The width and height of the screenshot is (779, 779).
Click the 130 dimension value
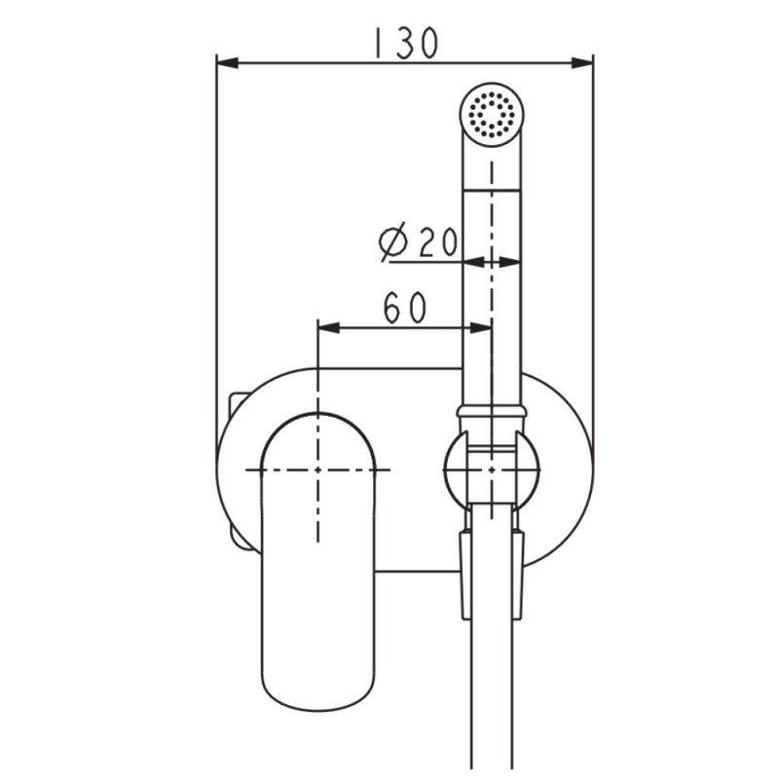coord(405,43)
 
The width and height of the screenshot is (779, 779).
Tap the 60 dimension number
coord(405,308)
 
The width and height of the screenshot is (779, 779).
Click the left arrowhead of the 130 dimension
coord(228,63)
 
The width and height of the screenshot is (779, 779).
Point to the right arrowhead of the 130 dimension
coord(582,63)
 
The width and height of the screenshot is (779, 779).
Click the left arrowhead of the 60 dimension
coord(329,327)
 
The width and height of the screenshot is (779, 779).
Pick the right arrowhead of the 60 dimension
coord(481,327)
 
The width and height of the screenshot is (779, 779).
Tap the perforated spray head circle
coord(492,115)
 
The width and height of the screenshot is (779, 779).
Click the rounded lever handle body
coord(318,562)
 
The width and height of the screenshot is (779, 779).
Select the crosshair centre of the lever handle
coord(318,469)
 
